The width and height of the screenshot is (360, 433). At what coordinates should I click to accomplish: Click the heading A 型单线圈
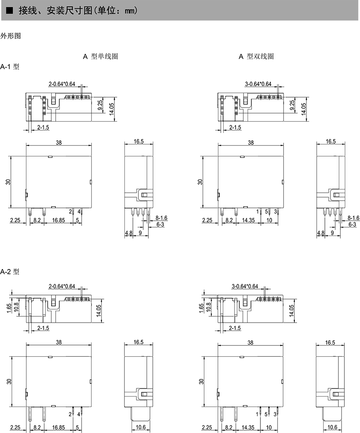point(100,56)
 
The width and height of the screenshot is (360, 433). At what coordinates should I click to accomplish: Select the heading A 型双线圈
point(256,56)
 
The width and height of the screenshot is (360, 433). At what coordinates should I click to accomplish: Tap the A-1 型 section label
point(10,66)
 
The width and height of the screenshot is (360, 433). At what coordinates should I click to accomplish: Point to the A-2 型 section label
point(10,272)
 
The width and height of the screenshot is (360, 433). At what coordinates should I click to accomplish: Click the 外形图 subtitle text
point(10,36)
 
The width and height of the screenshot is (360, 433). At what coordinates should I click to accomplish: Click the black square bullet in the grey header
point(9,11)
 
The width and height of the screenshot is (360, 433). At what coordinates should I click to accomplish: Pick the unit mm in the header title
point(130,11)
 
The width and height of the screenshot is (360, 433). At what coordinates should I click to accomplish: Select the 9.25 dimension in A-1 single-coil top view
point(100,105)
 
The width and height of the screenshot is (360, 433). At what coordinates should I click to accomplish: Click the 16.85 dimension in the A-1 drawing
point(58,220)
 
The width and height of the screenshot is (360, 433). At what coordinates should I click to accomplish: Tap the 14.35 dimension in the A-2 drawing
point(248,427)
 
